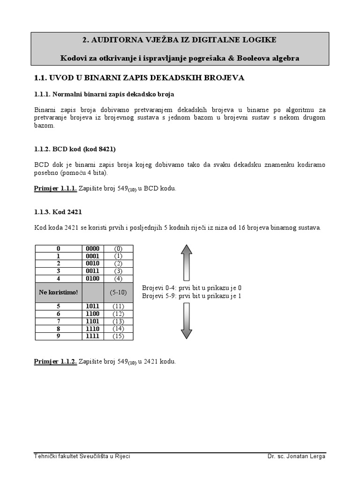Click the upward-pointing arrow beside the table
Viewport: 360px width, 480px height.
pos(187,262)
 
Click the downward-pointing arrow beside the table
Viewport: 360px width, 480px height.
pos(187,321)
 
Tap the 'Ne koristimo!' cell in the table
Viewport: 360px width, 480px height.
pos(59,292)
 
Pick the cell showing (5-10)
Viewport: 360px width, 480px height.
pos(118,292)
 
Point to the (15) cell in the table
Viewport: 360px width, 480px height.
pos(118,336)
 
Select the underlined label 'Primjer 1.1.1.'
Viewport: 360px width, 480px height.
pos(55,188)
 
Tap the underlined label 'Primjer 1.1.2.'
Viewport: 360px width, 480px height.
pos(55,362)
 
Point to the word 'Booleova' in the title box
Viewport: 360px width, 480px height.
pos(254,58)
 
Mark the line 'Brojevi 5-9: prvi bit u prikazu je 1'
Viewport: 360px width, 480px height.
pos(192,296)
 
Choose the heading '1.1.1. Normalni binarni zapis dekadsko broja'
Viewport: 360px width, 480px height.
pos(104,94)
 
